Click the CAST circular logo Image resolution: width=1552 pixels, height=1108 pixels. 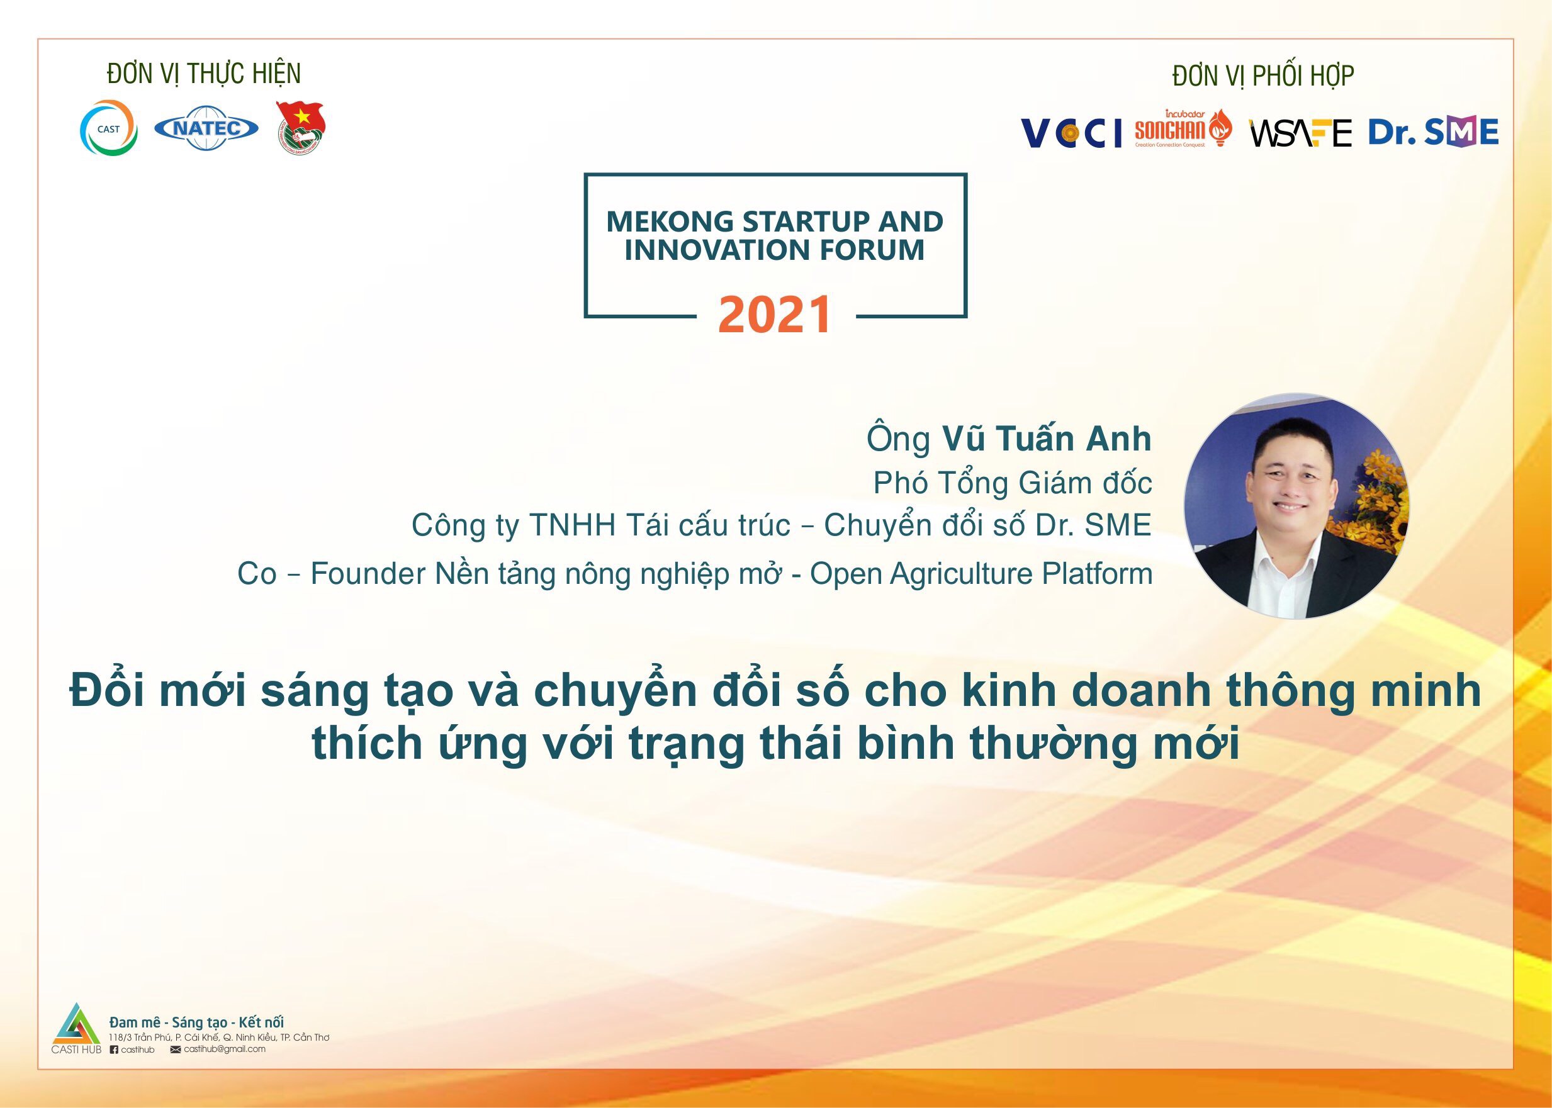[x=110, y=128]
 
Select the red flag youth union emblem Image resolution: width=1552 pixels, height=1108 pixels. [x=301, y=128]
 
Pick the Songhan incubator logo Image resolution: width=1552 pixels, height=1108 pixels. [x=1183, y=128]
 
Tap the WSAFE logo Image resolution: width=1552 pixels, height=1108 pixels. [x=1300, y=132]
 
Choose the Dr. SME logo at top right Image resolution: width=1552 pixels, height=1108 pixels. [x=1433, y=131]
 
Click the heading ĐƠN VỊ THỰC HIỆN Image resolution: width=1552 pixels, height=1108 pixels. [x=204, y=74]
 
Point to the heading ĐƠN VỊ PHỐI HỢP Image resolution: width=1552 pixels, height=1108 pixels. [x=1263, y=76]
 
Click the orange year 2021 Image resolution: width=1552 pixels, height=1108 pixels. [x=775, y=315]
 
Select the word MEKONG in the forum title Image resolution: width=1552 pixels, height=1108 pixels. [x=670, y=221]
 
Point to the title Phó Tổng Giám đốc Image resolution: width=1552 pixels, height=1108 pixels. [x=1013, y=483]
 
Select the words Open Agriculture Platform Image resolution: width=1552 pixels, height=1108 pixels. [x=981, y=574]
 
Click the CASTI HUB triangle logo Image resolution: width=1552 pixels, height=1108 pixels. [x=76, y=1026]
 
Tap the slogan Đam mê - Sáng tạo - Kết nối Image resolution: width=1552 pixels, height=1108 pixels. [x=196, y=1022]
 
